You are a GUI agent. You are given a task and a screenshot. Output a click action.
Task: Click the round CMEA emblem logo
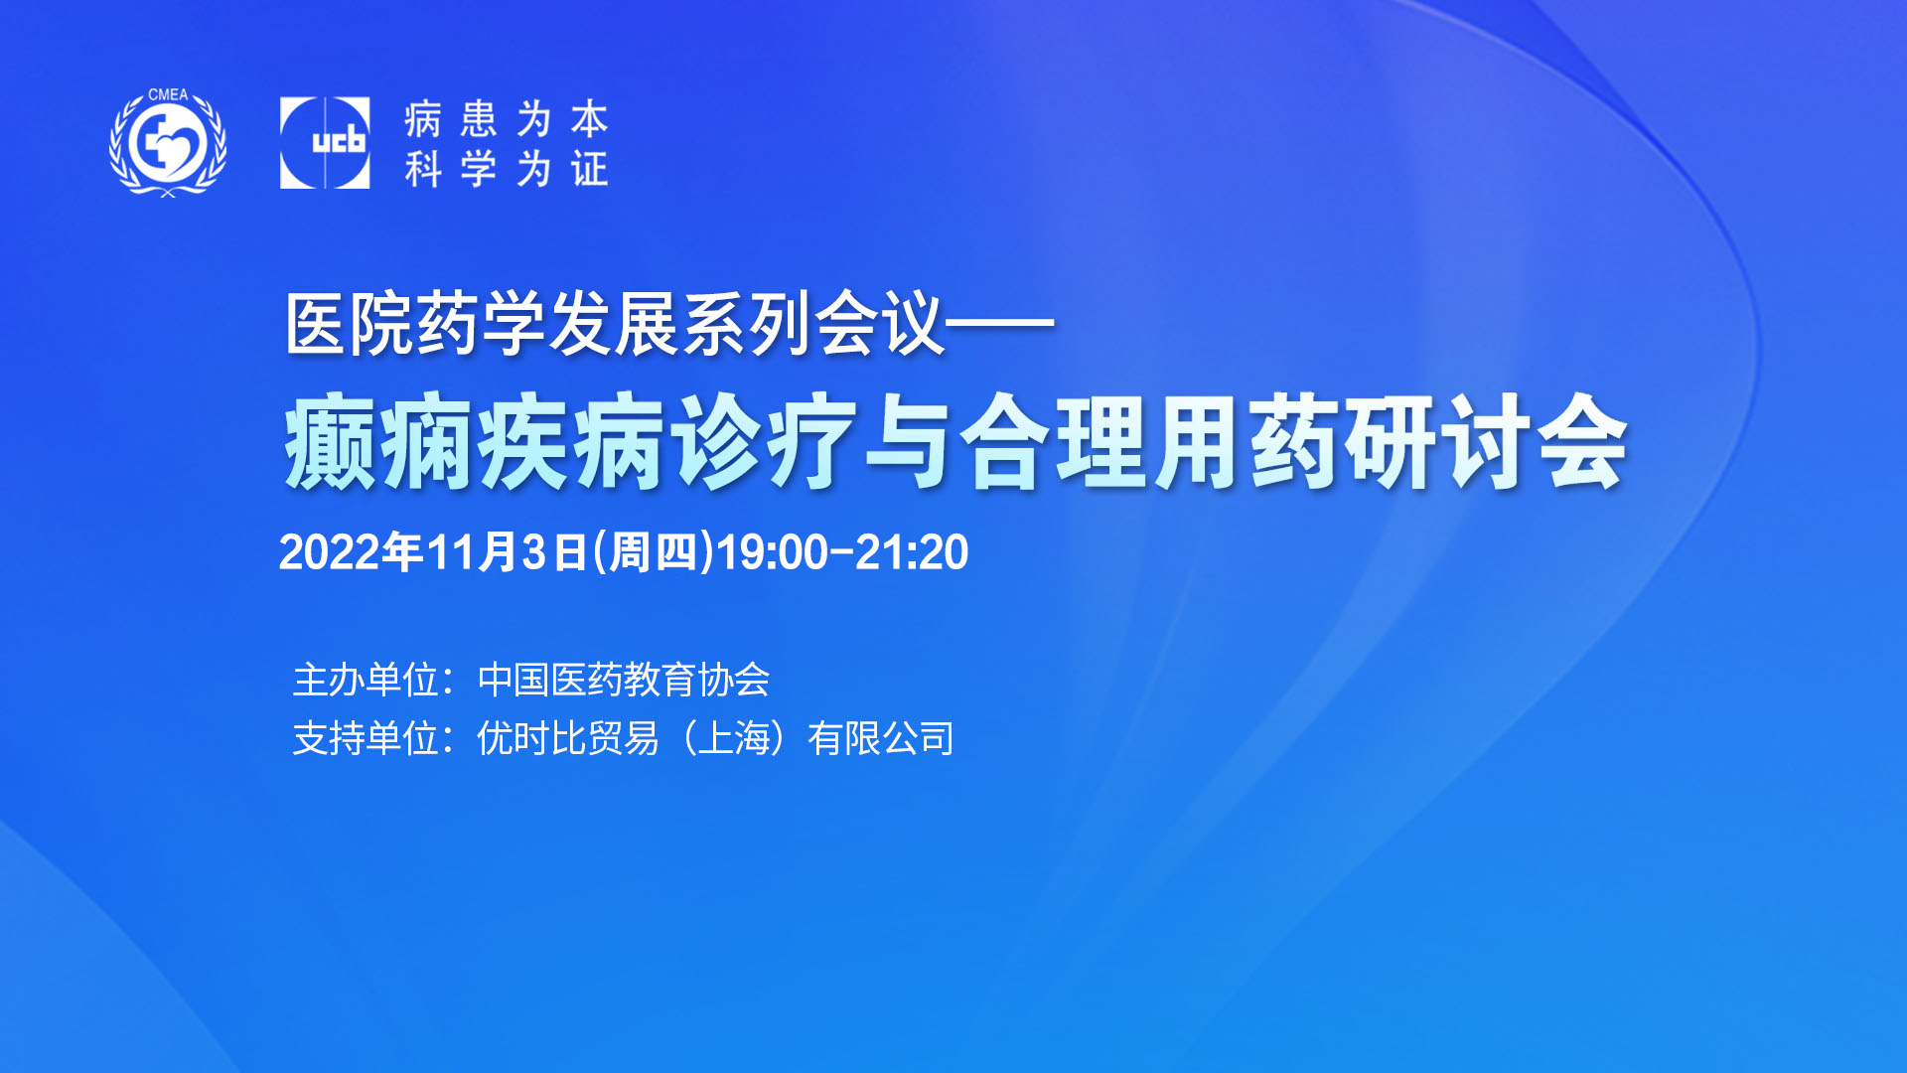coord(168,143)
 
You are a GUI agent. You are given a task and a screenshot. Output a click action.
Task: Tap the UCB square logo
coord(325,143)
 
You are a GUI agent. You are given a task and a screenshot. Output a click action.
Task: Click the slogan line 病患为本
coord(506,119)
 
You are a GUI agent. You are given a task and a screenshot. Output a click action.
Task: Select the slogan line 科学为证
coord(506,168)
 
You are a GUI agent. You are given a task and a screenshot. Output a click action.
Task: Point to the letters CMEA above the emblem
coord(168,95)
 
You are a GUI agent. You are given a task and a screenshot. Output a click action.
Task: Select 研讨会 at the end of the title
coord(1487,442)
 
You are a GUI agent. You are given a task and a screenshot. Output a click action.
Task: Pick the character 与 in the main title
coord(909,442)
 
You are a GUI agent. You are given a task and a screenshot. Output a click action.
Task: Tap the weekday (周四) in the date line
coord(653,552)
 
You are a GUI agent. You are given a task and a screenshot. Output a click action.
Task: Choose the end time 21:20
coord(912,552)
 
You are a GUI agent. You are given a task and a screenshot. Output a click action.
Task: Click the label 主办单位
coord(367,681)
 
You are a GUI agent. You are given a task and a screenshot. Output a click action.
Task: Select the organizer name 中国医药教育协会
coord(624,681)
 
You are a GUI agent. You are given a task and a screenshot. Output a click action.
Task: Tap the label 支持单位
coord(367,739)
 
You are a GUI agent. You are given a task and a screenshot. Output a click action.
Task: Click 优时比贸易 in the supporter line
coord(568,739)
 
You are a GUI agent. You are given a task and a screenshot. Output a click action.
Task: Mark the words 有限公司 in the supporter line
coord(881,739)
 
